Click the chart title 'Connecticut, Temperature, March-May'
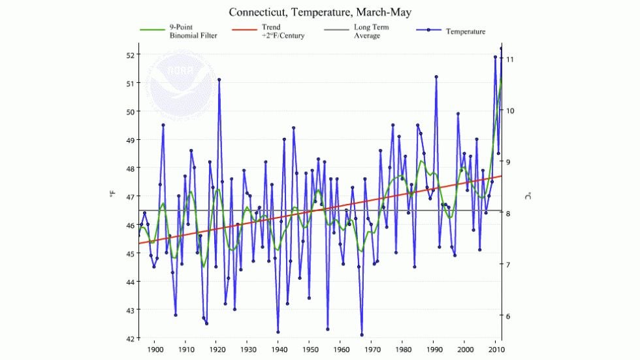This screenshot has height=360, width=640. coord(319,12)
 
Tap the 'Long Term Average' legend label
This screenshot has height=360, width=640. coord(371,31)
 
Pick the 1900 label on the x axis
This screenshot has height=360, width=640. coord(155,350)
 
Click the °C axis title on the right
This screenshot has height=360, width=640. coord(528,195)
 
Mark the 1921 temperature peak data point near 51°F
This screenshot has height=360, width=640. coord(219,80)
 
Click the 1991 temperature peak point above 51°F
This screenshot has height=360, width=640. coord(436,76)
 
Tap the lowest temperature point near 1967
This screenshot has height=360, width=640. coord(362,335)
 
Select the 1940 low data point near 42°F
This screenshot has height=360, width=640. coord(278,332)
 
